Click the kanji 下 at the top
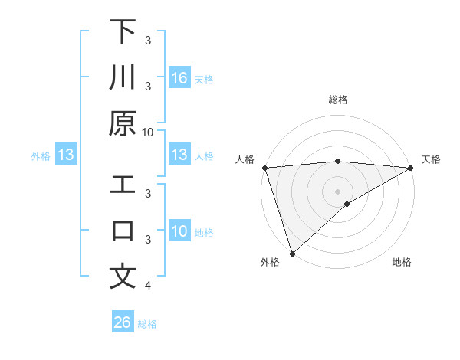pos(123,32)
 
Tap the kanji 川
pos(123,77)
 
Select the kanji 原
pos(123,123)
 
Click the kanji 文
pos(123,277)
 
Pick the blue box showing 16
pos(179,78)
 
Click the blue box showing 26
pos(123,322)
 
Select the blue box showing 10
pos(179,231)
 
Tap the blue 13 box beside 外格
pos(66,155)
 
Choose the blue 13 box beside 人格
pos(179,155)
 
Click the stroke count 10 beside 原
pos(148,132)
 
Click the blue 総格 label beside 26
pos(147,323)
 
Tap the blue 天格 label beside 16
pos(204,79)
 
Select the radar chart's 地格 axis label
pos(402,263)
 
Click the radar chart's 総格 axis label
pos(337,100)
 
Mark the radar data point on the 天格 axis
pos(411,167)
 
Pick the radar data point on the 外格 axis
pos(292,253)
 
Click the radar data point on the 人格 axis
pos(264,167)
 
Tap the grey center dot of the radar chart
pos(337,191)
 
